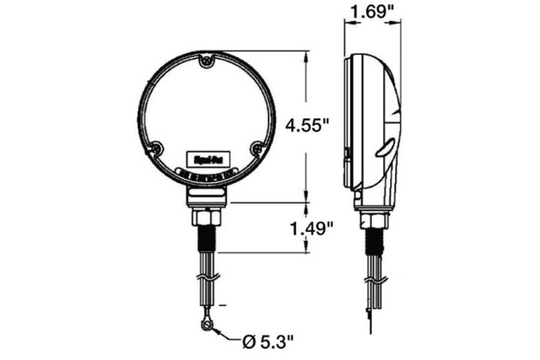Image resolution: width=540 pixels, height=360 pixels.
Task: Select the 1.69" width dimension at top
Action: [x=372, y=12]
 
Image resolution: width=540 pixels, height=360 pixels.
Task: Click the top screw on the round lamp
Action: [x=208, y=60]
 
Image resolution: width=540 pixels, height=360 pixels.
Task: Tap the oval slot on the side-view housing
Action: [x=386, y=146]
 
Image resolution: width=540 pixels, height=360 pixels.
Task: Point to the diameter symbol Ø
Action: [x=248, y=343]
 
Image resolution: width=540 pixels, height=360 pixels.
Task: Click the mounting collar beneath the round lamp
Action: [x=208, y=195]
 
